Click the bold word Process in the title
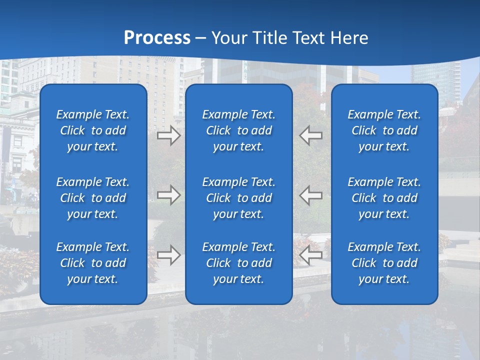click(x=157, y=38)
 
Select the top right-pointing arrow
click(x=169, y=135)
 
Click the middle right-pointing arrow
click(x=169, y=195)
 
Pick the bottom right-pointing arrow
click(x=169, y=255)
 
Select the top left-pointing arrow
click(x=310, y=135)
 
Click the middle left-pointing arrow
click(x=310, y=195)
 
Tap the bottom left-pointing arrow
click(x=310, y=255)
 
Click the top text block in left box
click(x=93, y=130)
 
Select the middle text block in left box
click(x=93, y=198)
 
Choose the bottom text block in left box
click(x=93, y=263)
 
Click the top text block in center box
click(x=239, y=130)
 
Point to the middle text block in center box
click(x=239, y=198)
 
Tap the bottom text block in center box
click(x=239, y=263)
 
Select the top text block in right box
click(x=384, y=130)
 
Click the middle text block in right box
click(x=384, y=198)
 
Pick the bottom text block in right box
click(x=384, y=263)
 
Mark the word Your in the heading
click(x=229, y=38)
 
